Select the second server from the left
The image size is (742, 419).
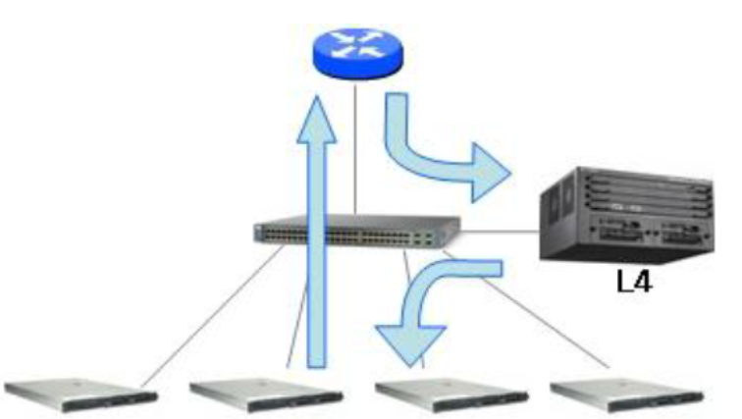265,391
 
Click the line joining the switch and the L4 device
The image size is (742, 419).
501,233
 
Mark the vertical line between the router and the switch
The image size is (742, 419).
355,147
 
